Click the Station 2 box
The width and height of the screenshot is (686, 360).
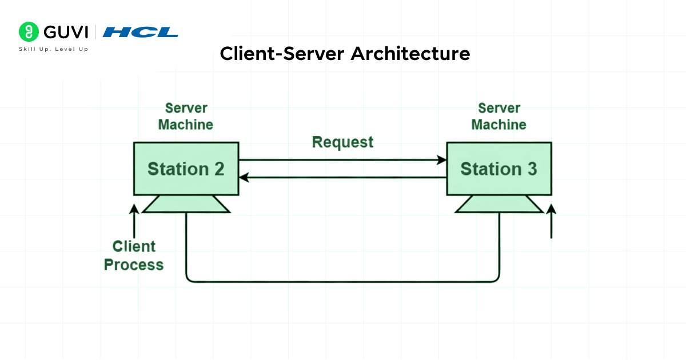click(186, 169)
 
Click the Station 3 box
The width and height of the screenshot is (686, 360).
click(498, 169)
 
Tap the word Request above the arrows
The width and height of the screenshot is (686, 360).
click(342, 142)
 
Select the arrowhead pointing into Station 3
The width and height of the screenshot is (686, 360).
click(441, 160)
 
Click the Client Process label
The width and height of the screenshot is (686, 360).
click(134, 255)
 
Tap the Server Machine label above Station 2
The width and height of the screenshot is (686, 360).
click(186, 116)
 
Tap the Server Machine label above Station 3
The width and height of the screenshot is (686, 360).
click(498, 116)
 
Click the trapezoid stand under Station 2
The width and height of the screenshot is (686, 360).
click(186, 204)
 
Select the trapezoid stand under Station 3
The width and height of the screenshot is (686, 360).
click(498, 204)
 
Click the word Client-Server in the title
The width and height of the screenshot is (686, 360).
click(282, 54)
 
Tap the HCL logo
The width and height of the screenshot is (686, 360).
click(140, 32)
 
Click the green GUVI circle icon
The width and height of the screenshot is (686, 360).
click(28, 32)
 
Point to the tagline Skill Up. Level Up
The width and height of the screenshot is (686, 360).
click(53, 50)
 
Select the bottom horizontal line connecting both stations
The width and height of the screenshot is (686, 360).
click(343, 281)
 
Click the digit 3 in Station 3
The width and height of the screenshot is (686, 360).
click(531, 169)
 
